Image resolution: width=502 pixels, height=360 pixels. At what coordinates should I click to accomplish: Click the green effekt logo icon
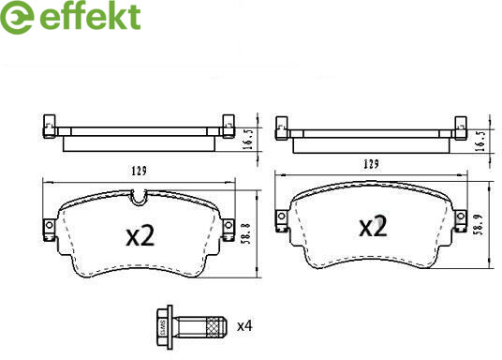tap(16, 17)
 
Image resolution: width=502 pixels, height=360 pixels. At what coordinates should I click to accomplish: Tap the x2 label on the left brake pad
tap(140, 235)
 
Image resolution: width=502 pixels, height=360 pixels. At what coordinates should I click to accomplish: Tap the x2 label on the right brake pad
tap(373, 226)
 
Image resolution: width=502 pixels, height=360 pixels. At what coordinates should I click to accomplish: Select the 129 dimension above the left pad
tap(140, 171)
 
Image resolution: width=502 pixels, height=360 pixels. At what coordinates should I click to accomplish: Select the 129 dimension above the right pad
tap(371, 164)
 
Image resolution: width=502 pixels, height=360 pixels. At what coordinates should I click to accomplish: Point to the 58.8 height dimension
tap(246, 233)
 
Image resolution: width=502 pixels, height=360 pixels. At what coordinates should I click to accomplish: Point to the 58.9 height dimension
tap(478, 224)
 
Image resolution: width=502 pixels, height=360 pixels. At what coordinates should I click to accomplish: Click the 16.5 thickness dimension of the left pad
tap(249, 139)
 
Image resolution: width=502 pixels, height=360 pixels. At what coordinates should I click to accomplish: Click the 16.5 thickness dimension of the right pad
tap(480, 141)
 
